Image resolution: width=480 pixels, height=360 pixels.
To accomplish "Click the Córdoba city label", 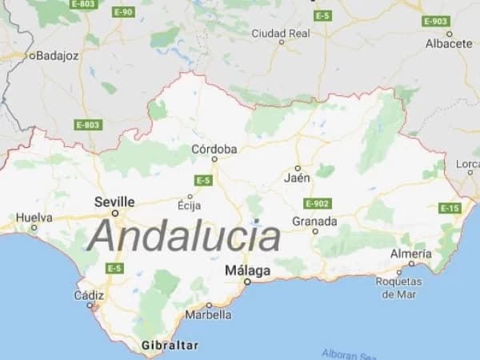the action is click(x=214, y=149).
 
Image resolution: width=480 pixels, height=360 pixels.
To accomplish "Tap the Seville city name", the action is click(x=114, y=202).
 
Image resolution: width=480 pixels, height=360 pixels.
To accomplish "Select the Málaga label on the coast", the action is click(x=247, y=270).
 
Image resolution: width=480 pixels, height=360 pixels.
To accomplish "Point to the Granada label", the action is click(x=314, y=221).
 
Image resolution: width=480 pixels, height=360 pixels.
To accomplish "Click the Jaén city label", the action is click(x=297, y=178).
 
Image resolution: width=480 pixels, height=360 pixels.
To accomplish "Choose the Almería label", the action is click(x=411, y=254).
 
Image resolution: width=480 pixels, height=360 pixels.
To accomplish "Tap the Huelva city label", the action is click(x=34, y=217).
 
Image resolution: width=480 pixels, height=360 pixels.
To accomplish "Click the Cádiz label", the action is click(x=89, y=295).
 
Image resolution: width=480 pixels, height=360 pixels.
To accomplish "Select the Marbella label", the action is click(x=209, y=314).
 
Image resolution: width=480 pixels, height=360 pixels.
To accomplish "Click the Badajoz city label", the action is click(x=55, y=56).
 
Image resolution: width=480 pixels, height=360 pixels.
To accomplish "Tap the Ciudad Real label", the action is click(x=280, y=33).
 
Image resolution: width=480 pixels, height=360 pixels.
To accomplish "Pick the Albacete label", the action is click(x=449, y=44).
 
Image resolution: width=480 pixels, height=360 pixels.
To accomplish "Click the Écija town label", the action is click(x=189, y=206).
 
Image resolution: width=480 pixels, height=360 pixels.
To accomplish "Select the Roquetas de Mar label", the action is click(x=398, y=287).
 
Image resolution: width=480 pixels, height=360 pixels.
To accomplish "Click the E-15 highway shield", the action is click(x=450, y=208).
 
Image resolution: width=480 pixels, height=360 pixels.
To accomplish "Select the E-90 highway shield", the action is click(x=122, y=12).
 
